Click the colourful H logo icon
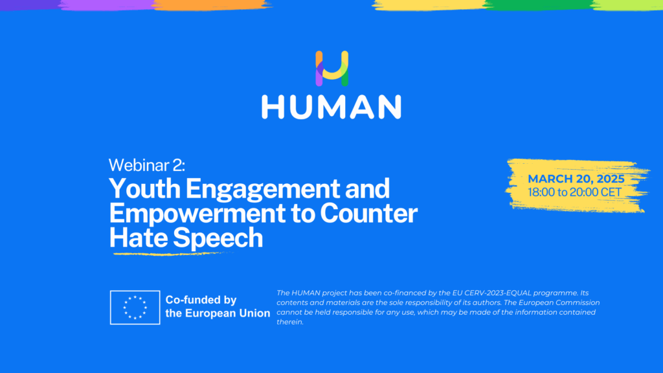pos(332,68)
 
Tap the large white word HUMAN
pos(331,107)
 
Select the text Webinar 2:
pos(147,165)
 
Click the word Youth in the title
pos(144,188)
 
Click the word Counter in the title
pos(368,213)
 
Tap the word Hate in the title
pos(139,237)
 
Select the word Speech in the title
pos(218,238)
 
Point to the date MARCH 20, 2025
pos(576,179)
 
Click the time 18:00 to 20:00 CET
pos(574,192)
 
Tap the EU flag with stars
pos(135,308)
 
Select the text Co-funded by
pos(201,300)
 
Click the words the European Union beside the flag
pos(218,313)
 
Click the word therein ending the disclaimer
pos(290,322)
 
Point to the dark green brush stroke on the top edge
pos(539,5)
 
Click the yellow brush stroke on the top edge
pos(429,5)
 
